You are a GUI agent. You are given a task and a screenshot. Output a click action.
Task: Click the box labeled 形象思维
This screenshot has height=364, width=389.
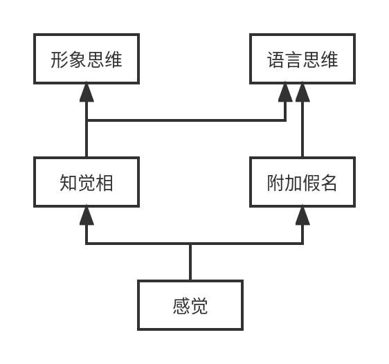click(87, 59)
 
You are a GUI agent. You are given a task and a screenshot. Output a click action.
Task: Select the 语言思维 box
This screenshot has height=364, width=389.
click(302, 59)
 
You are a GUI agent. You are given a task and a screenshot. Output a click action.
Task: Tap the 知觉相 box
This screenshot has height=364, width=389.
click(87, 182)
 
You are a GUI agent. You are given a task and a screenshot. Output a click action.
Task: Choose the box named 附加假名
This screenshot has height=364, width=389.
click(302, 182)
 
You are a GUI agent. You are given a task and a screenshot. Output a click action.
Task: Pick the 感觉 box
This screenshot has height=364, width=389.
click(190, 305)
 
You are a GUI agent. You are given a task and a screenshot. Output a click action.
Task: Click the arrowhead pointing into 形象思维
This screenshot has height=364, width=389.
click(87, 92)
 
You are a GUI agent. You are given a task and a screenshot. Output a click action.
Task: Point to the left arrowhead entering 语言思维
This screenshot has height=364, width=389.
click(286, 92)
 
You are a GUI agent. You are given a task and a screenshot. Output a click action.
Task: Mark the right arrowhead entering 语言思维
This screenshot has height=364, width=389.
click(302, 92)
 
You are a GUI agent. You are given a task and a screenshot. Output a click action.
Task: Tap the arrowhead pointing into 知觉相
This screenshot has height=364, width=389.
click(87, 215)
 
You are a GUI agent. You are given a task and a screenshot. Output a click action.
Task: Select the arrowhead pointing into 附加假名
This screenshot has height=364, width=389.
click(302, 215)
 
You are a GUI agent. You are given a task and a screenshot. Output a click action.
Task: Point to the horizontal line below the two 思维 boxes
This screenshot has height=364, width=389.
click(187, 120)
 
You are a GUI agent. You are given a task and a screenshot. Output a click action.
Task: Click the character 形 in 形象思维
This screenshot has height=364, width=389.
click(60, 60)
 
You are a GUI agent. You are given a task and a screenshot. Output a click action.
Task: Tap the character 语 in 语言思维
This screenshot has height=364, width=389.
click(275, 60)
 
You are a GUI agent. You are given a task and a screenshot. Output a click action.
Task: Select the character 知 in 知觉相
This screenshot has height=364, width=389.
click(69, 183)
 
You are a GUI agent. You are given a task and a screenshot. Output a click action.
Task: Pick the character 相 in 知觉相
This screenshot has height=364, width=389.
click(105, 183)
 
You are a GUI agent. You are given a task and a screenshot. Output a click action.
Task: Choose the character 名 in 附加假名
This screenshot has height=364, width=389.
click(329, 183)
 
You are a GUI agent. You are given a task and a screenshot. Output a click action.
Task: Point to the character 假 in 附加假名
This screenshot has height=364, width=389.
click(311, 183)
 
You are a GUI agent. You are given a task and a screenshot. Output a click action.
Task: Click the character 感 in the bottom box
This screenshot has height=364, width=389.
click(181, 306)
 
